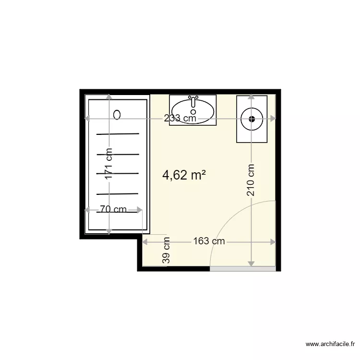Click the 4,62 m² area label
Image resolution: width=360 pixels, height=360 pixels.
tap(185, 176)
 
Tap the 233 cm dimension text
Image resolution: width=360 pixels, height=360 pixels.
tap(180, 118)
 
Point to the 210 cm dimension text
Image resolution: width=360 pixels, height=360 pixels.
tap(251, 180)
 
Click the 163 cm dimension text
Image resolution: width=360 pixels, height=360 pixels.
tap(209, 241)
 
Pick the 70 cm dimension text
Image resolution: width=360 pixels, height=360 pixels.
tap(113, 209)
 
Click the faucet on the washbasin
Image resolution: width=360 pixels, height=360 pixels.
tap(193, 101)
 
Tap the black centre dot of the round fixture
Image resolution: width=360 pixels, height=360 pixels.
tap(252, 119)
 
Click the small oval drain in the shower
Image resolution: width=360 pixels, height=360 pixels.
tap(118, 114)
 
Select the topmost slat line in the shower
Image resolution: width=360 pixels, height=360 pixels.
tap(118, 133)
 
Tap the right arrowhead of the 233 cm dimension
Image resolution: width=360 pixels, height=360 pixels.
tap(273, 119)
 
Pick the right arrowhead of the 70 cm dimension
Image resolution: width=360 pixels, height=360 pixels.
tap(140, 209)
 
